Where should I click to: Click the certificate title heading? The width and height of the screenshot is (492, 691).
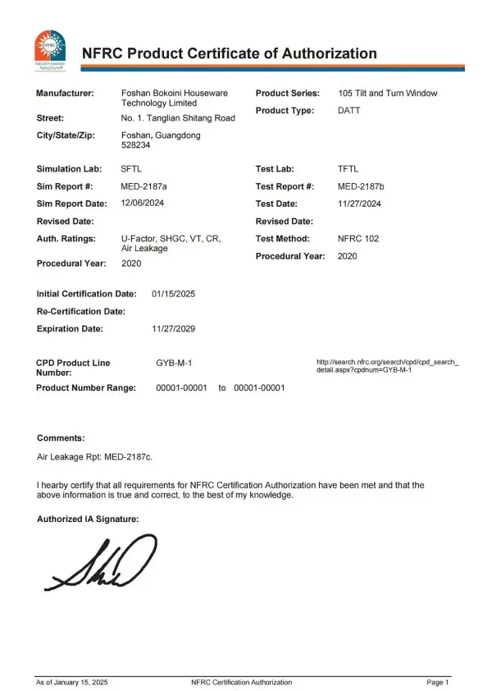click(230, 54)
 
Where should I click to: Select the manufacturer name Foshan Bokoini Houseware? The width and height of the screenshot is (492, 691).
click(175, 93)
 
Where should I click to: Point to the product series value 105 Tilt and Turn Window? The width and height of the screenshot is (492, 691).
click(388, 93)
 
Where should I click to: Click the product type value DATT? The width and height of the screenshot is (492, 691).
click(349, 110)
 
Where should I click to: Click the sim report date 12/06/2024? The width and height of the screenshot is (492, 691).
click(148, 204)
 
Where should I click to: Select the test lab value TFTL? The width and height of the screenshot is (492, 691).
click(348, 168)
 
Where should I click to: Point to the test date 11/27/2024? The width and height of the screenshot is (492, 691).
click(360, 204)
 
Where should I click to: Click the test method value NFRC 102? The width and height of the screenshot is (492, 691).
click(358, 239)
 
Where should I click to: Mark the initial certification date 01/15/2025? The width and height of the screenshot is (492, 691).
click(174, 293)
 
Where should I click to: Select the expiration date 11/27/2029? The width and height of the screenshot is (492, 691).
click(174, 328)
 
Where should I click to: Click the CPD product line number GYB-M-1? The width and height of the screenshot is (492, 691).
click(174, 362)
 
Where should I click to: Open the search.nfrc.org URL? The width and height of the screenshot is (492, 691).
click(387, 366)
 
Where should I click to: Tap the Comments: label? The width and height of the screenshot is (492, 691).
click(61, 438)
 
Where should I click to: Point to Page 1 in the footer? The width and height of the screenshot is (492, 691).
click(438, 682)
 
